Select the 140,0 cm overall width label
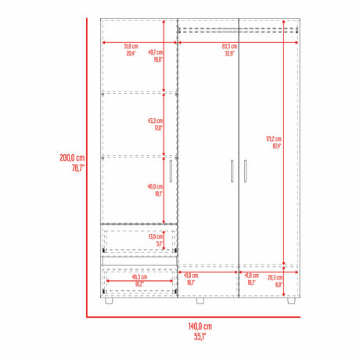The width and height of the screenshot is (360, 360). [200, 326]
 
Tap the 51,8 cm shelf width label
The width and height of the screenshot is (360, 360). [131, 46]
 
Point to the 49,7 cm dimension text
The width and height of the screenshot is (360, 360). [157, 46]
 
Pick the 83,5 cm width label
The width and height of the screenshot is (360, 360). [229, 46]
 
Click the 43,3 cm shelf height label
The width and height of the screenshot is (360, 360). [155, 121]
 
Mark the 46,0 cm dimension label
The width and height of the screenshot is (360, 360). [155, 186]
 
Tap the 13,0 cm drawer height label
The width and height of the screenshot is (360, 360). [156, 236]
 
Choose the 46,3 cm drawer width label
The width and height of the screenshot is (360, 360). [139, 276]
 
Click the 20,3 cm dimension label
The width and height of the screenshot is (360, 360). [275, 276]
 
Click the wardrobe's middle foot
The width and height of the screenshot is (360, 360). [200, 300]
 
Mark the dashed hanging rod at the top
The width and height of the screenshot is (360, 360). [239, 31]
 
